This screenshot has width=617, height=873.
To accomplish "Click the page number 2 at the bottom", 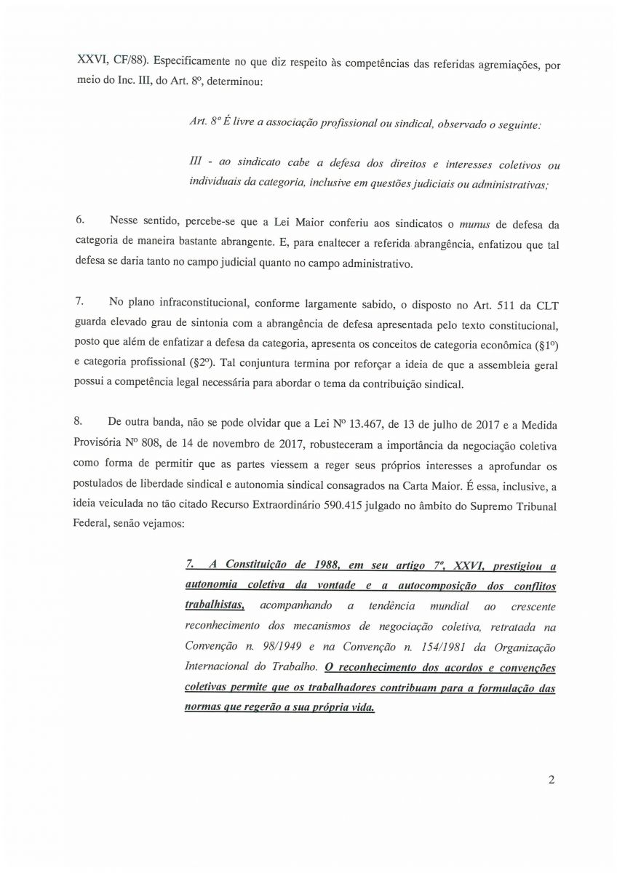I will tap(552, 781).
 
